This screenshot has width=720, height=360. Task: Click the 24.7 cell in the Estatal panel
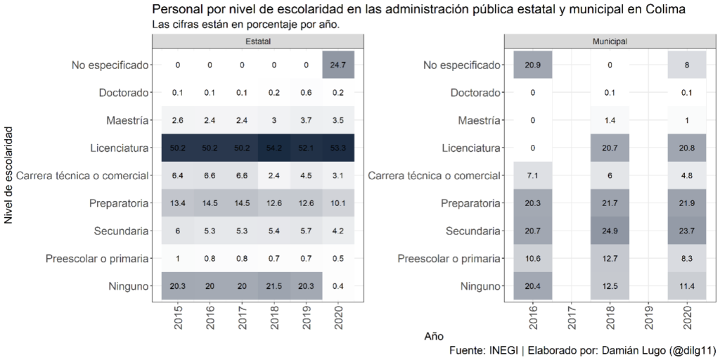(337, 65)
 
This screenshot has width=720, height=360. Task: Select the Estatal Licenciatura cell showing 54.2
(274, 148)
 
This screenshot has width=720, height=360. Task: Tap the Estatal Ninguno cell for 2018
(274, 285)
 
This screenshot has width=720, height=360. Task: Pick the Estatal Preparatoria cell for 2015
(177, 203)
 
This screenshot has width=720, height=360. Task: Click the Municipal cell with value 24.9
(610, 231)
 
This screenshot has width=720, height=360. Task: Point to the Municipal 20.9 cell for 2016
(533, 65)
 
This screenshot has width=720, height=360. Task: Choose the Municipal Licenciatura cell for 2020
(686, 148)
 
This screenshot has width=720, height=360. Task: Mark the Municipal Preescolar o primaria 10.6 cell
(533, 258)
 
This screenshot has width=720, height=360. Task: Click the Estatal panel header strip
(257, 41)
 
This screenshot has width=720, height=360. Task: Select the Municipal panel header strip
(610, 41)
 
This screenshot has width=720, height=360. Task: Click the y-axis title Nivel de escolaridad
(8, 175)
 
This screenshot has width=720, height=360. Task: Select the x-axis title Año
(434, 336)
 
